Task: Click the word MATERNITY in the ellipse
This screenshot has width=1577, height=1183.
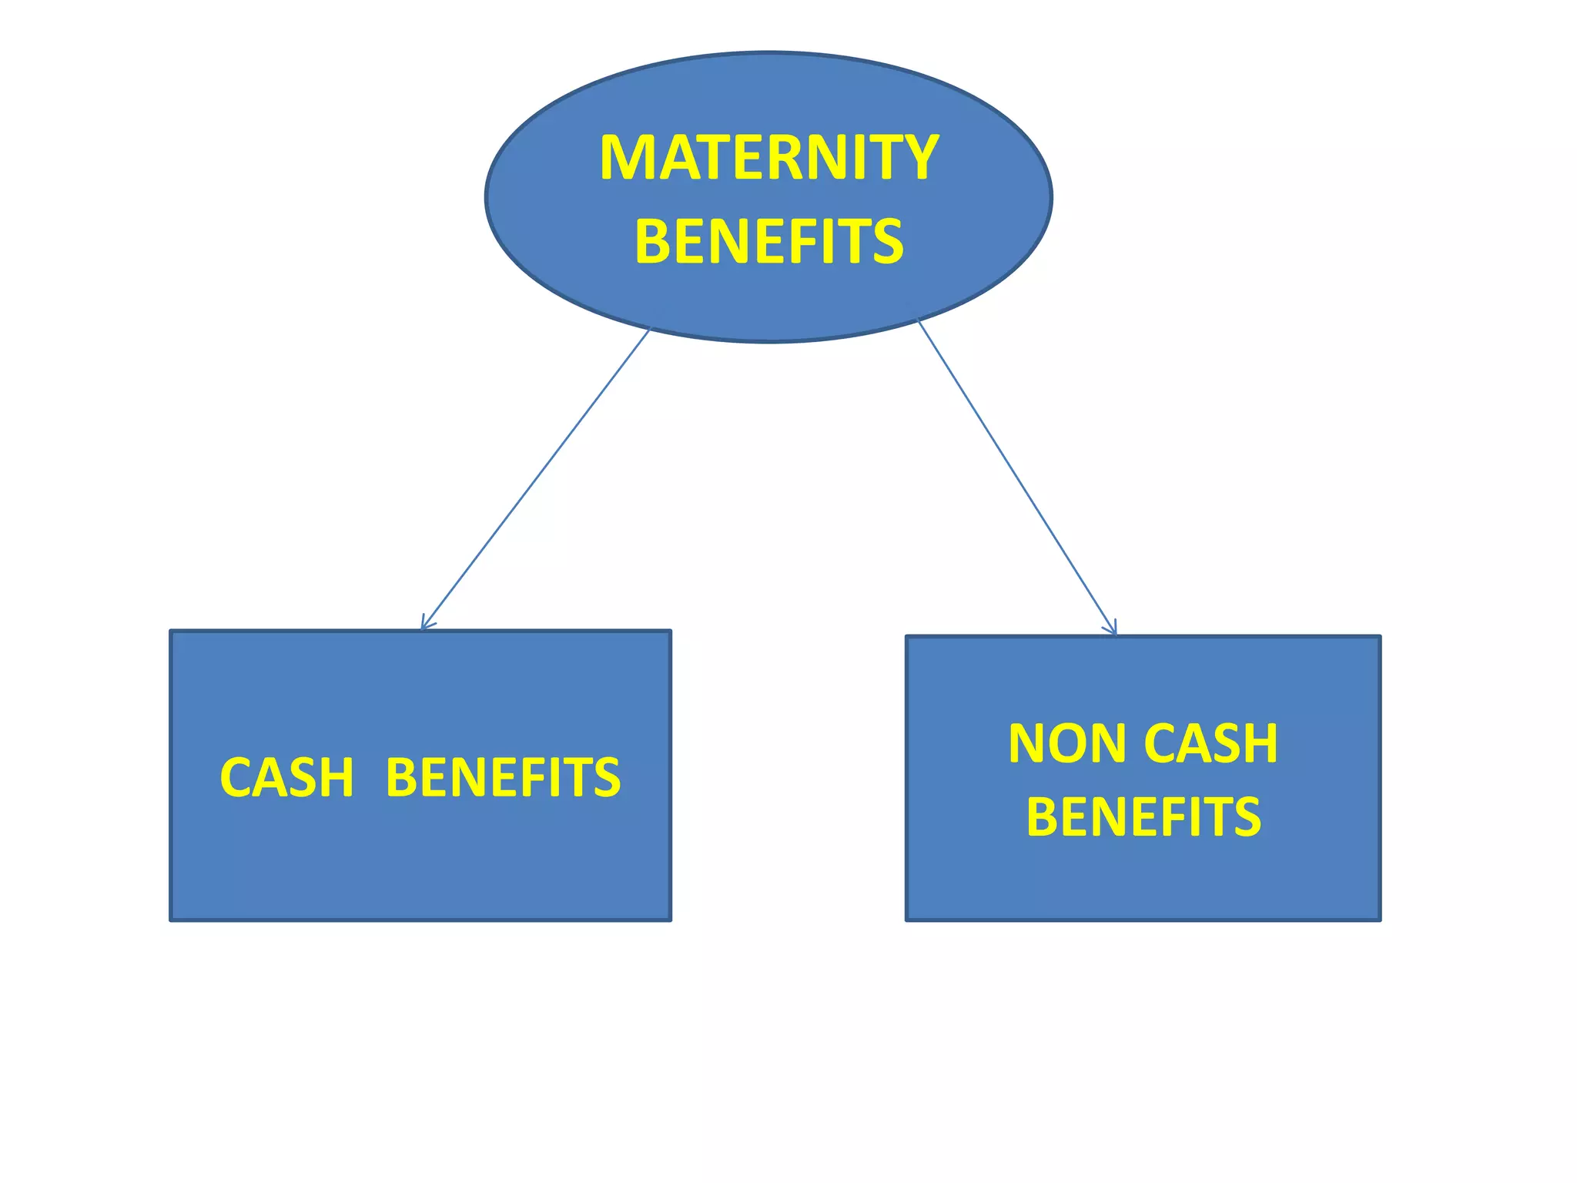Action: click(768, 158)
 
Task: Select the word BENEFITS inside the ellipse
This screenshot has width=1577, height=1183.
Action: click(768, 241)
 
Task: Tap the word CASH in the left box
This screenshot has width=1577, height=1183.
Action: click(286, 777)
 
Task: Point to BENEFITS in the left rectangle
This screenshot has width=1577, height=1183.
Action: click(503, 777)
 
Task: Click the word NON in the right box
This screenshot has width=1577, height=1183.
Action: click(1069, 744)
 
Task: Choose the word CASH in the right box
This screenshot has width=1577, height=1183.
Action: click(1210, 744)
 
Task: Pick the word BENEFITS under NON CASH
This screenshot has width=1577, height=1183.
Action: click(1143, 817)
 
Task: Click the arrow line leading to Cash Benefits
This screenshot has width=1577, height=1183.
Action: click(535, 479)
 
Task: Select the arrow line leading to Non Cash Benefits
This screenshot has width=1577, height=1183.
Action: click(1016, 478)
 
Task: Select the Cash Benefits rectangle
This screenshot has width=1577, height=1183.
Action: click(420, 863)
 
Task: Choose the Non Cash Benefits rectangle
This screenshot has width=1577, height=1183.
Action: click(1143, 878)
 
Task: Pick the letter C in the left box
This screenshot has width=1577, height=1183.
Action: click(237, 777)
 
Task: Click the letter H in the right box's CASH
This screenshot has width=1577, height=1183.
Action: click(1260, 744)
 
